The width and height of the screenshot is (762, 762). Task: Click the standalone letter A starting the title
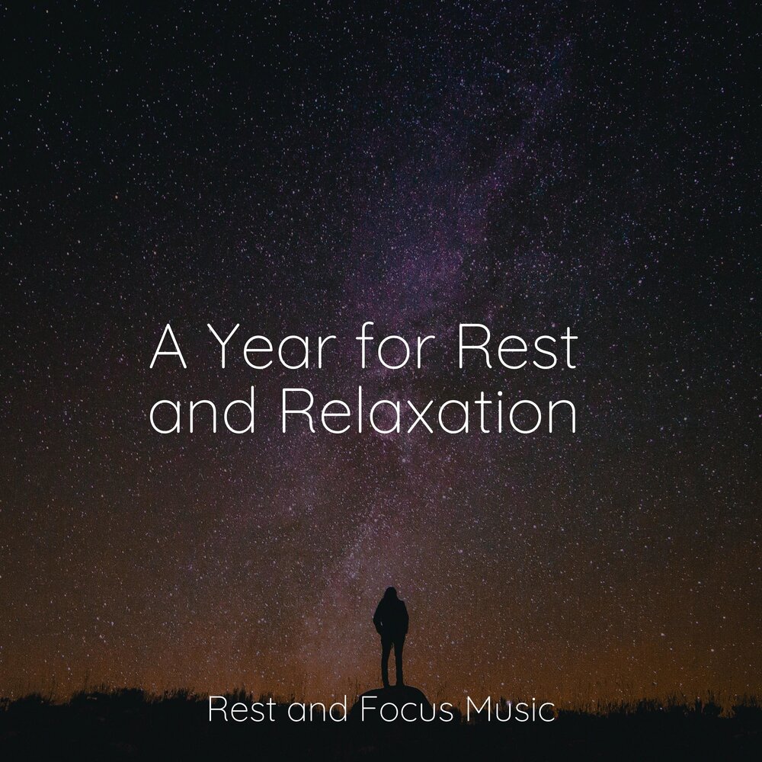tap(168, 350)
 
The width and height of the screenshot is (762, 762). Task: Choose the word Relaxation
tap(428, 415)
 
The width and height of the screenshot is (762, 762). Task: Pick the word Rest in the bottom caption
tap(238, 712)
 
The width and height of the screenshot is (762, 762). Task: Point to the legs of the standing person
tap(392, 661)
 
